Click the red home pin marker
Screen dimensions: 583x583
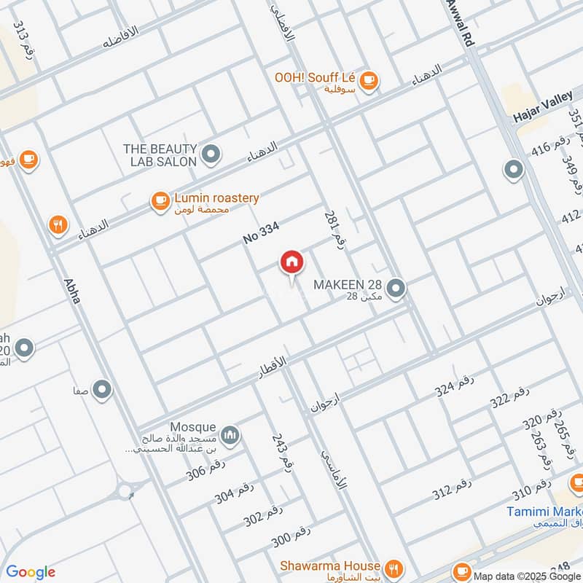(x=291, y=262)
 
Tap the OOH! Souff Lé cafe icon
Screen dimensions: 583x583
(x=369, y=79)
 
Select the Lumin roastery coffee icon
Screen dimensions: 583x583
(x=160, y=202)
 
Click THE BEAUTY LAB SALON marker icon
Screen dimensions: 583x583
(x=212, y=154)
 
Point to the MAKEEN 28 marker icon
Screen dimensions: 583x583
(x=396, y=289)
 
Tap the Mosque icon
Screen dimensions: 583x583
(x=231, y=435)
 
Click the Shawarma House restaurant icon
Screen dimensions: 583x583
(x=394, y=568)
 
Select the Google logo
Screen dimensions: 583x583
(x=31, y=572)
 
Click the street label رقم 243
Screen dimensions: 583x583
(x=281, y=453)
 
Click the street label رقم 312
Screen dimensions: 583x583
(x=452, y=491)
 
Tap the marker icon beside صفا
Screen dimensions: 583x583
(x=102, y=389)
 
